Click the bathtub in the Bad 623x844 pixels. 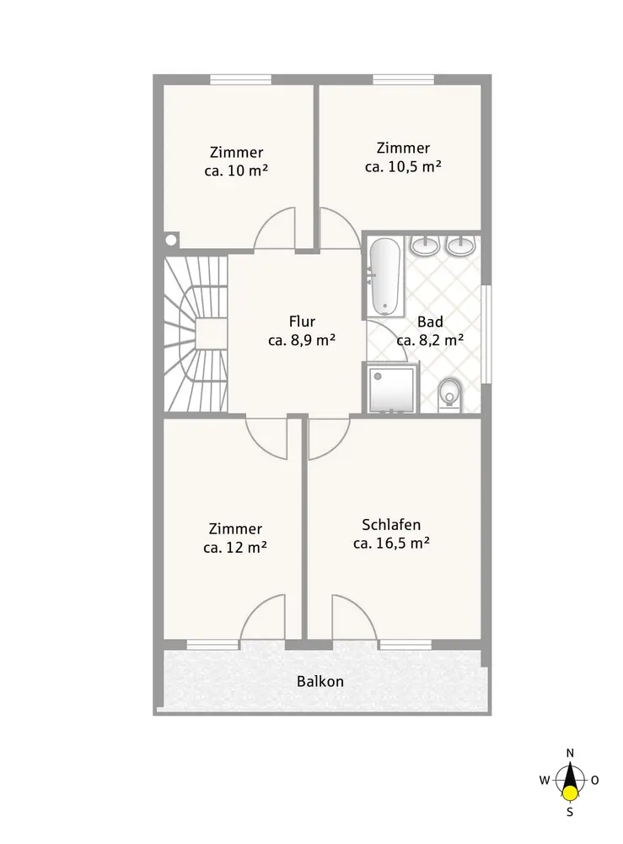tap(384, 276)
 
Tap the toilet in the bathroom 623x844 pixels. tap(449, 396)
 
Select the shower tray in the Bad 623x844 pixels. tap(392, 388)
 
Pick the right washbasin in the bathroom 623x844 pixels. tap(461, 246)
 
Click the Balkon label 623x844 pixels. tap(320, 681)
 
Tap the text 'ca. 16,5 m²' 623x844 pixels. tap(391, 543)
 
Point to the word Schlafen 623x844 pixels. tap(391, 524)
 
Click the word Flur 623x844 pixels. tap(302, 322)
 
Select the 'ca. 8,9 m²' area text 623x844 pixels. tap(302, 340)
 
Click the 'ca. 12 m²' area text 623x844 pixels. tap(235, 548)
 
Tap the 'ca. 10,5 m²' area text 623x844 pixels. tap(403, 166)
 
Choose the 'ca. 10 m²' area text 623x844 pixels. tap(237, 170)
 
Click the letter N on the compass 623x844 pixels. tap(571, 753)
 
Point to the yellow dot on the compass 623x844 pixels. tap(571, 793)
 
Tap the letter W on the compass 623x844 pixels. tap(545, 780)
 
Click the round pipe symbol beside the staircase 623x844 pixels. tap(171, 240)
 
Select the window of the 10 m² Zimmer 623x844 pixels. tap(240, 79)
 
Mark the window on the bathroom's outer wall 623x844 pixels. tap(486, 333)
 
